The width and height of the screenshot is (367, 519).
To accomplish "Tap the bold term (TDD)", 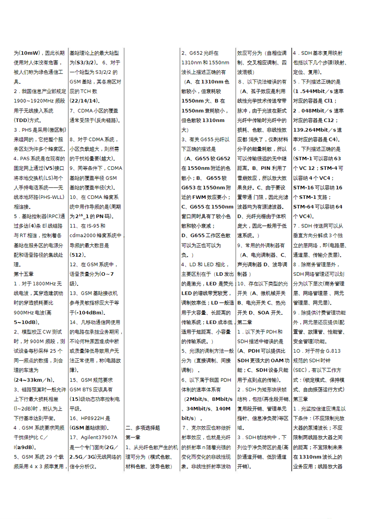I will click(22, 120).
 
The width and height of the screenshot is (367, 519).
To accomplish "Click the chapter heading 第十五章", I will click(24, 274).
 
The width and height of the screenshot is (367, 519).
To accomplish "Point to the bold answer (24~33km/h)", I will click(34, 380).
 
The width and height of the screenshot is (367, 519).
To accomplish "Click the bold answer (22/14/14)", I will click(84, 101).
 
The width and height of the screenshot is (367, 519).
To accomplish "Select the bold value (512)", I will click(78, 255).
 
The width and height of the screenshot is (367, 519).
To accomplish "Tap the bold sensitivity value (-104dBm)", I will click(90, 312).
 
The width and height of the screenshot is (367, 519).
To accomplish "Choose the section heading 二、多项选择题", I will click(143, 428).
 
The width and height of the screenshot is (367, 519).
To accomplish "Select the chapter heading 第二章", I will click(245, 322).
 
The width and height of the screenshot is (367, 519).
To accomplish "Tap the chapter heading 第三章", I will click(301, 399).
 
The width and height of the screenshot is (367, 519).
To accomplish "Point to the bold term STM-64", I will click(304, 207).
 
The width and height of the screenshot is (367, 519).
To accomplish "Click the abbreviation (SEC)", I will click(300, 370).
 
